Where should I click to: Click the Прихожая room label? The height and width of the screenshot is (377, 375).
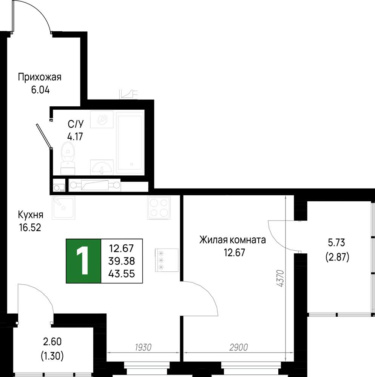40,77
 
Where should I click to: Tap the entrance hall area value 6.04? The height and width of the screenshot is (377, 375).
40,90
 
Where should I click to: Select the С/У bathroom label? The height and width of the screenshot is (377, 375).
76,124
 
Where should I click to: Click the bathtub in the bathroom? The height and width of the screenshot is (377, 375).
130,143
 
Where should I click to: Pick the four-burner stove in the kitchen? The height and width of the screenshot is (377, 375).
159,208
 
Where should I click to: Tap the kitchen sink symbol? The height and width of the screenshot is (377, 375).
63,208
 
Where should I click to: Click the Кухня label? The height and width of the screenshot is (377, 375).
31,215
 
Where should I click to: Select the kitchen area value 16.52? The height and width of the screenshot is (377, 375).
30,227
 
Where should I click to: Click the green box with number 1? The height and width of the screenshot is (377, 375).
83,261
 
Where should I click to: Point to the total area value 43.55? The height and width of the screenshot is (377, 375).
122,274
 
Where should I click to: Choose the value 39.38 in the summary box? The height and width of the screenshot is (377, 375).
122,261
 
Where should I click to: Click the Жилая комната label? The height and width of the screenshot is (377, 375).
233,240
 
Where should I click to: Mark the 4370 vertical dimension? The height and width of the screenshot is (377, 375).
281,279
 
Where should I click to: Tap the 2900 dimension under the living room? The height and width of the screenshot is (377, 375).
238,347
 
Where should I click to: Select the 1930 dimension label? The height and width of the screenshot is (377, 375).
143,347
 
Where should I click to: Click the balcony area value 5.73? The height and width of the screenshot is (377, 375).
336,243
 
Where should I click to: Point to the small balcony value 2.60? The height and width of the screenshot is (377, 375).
52,342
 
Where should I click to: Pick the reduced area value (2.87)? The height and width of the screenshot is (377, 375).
337,257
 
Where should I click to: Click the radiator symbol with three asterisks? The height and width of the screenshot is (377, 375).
167,260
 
